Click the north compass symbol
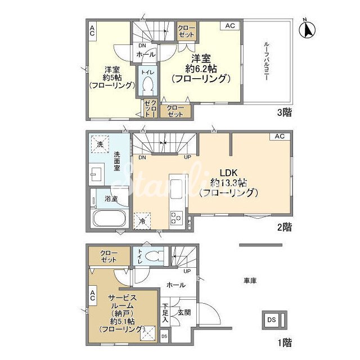(308, 30)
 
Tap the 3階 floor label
(285, 112)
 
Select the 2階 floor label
(285, 227)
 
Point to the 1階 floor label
(285, 343)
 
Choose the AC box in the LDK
(280, 136)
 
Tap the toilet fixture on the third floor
(147, 85)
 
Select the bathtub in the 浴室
(109, 218)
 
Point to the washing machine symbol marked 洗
(100, 144)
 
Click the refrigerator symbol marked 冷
(142, 221)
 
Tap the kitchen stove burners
(176, 218)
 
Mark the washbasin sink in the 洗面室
(96, 174)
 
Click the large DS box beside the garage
(271, 320)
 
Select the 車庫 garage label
(250, 280)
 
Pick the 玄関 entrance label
(184, 313)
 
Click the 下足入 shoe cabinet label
(165, 313)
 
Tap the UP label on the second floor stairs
(187, 157)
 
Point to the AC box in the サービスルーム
(92, 295)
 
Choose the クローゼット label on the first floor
(109, 256)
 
